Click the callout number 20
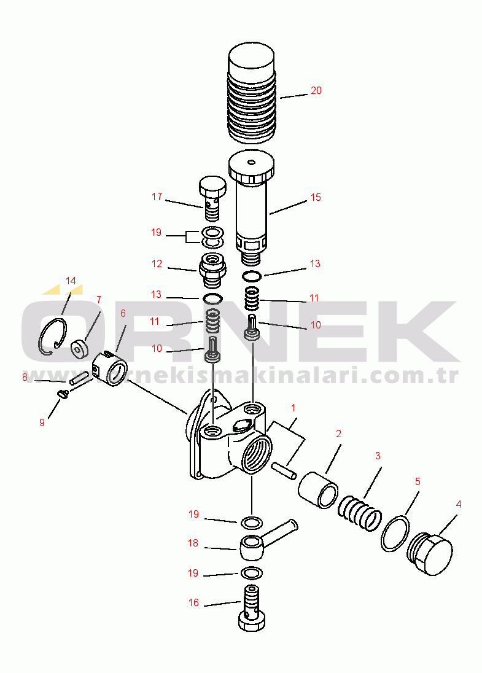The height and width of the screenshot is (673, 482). point(316,90)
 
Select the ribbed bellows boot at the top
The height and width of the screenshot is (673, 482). point(252,93)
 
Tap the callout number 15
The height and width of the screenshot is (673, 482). point(316,197)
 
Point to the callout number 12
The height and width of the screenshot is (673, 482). point(157,263)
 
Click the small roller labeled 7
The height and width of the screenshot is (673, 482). point(79,349)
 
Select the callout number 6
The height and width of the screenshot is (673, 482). point(123,313)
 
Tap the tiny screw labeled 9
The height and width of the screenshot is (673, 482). point(63,394)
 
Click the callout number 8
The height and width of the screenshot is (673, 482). point(25,377)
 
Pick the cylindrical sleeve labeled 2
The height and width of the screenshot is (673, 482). point(318,490)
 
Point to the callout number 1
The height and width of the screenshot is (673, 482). point(293,408)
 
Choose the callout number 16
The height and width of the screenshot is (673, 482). point(193,602)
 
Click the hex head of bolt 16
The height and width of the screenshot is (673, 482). point(252,620)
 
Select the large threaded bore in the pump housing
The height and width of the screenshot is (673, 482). point(256,453)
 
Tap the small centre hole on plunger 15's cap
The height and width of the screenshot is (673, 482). point(252,162)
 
